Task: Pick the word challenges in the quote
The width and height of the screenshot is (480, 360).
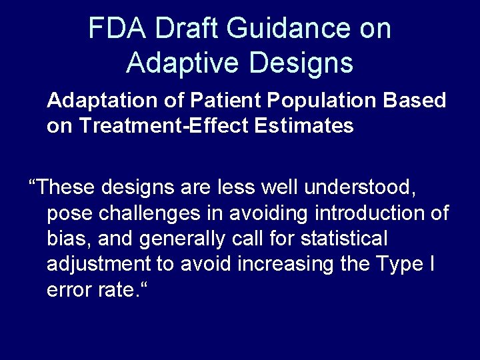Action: point(157,213)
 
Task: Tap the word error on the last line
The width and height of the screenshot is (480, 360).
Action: point(67,289)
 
